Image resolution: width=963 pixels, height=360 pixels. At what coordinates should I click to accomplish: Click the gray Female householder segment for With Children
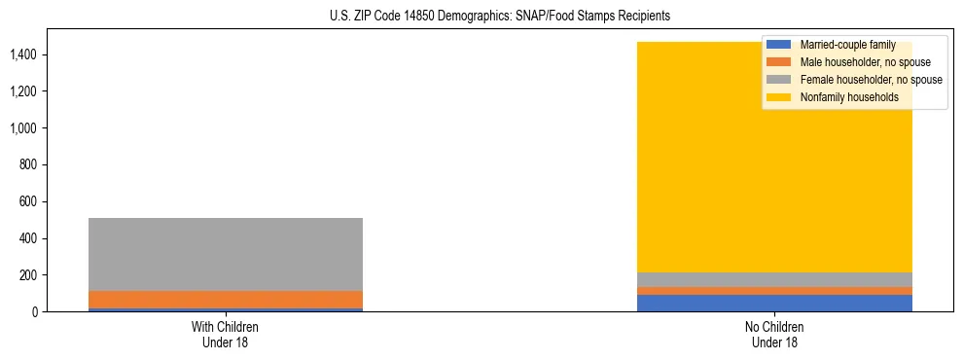click(x=225, y=254)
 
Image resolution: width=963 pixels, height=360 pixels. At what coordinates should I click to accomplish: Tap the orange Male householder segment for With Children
click(x=225, y=300)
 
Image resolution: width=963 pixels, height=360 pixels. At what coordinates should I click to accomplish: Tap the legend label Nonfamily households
click(x=849, y=97)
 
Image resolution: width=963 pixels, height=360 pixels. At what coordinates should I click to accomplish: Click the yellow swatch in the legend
click(x=780, y=97)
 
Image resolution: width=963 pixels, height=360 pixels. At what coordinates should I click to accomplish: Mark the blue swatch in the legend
click(x=780, y=46)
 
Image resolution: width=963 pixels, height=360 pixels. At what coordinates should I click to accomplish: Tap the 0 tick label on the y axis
click(x=36, y=312)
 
